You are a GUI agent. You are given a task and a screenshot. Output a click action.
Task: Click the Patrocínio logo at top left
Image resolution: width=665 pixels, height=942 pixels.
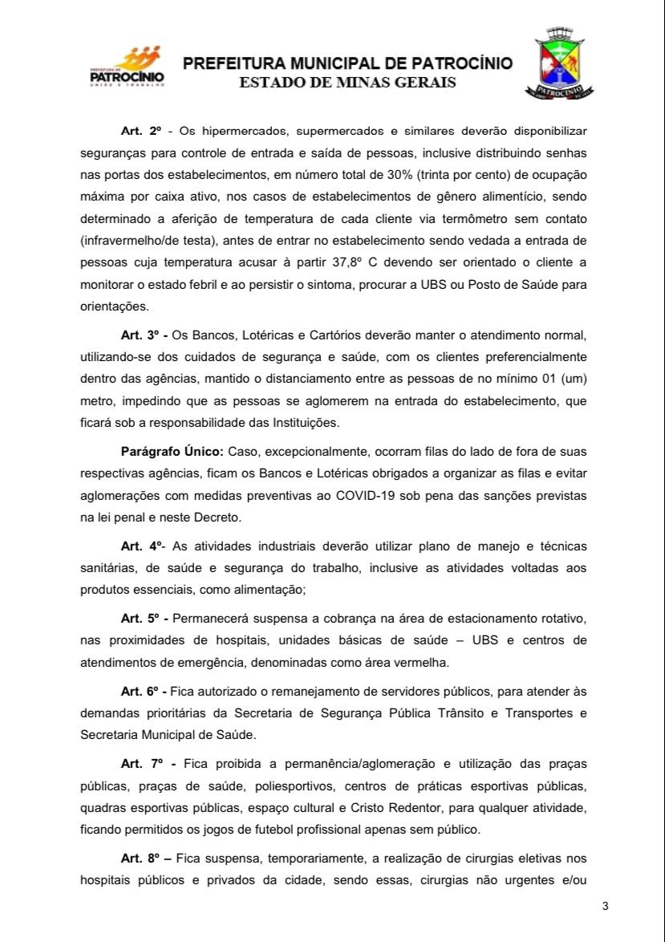pos(127,67)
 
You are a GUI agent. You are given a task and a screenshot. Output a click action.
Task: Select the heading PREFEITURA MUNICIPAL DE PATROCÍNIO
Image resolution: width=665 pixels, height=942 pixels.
pos(347,63)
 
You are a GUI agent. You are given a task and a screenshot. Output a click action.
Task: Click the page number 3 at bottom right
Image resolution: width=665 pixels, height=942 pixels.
pos(605,907)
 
